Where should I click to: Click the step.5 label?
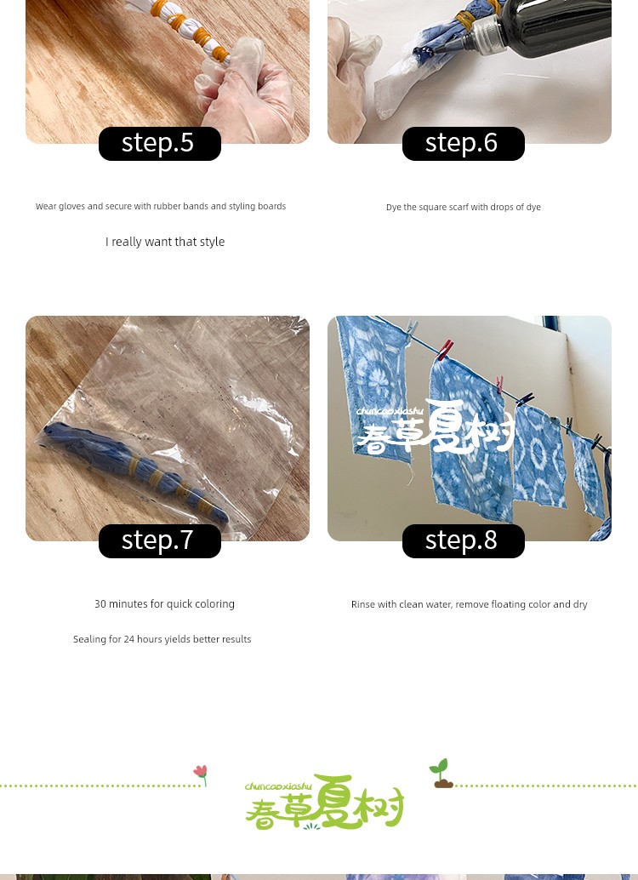[160, 144]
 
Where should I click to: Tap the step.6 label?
[464, 144]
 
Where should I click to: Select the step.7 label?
[160, 541]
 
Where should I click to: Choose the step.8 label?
[464, 541]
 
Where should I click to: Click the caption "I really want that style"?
[165, 242]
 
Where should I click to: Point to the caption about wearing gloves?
[161, 207]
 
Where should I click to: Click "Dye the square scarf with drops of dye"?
[464, 207]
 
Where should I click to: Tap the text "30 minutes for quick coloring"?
[164, 604]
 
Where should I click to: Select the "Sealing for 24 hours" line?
[162, 639]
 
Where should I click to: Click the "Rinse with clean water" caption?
[469, 604]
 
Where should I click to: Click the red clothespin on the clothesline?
[446, 350]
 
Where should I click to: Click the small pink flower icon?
[201, 775]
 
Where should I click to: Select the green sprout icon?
[442, 774]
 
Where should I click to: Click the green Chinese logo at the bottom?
[324, 802]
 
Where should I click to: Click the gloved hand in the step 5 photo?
[247, 90]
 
